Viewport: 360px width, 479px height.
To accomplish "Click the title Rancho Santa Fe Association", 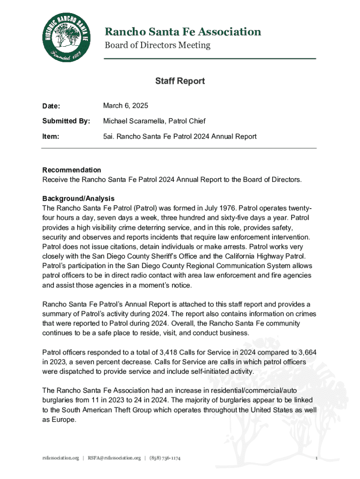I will (x=182, y=32).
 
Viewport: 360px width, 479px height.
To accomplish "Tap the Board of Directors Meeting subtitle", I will (x=157, y=45).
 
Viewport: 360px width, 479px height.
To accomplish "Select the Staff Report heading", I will (x=180, y=81).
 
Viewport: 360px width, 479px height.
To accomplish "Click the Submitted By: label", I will (x=66, y=122).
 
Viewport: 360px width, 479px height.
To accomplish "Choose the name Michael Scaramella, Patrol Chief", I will (x=154, y=122).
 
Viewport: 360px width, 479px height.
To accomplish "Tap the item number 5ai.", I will (x=109, y=137).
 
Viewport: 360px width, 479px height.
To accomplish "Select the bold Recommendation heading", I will (x=72, y=170).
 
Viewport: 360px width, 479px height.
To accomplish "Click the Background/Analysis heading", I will (x=78, y=199).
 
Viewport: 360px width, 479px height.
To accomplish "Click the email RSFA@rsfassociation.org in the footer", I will (x=114, y=457).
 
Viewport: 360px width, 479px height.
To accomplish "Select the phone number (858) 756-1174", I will (x=165, y=457).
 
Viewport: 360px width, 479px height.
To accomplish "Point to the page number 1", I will (x=317, y=457).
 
